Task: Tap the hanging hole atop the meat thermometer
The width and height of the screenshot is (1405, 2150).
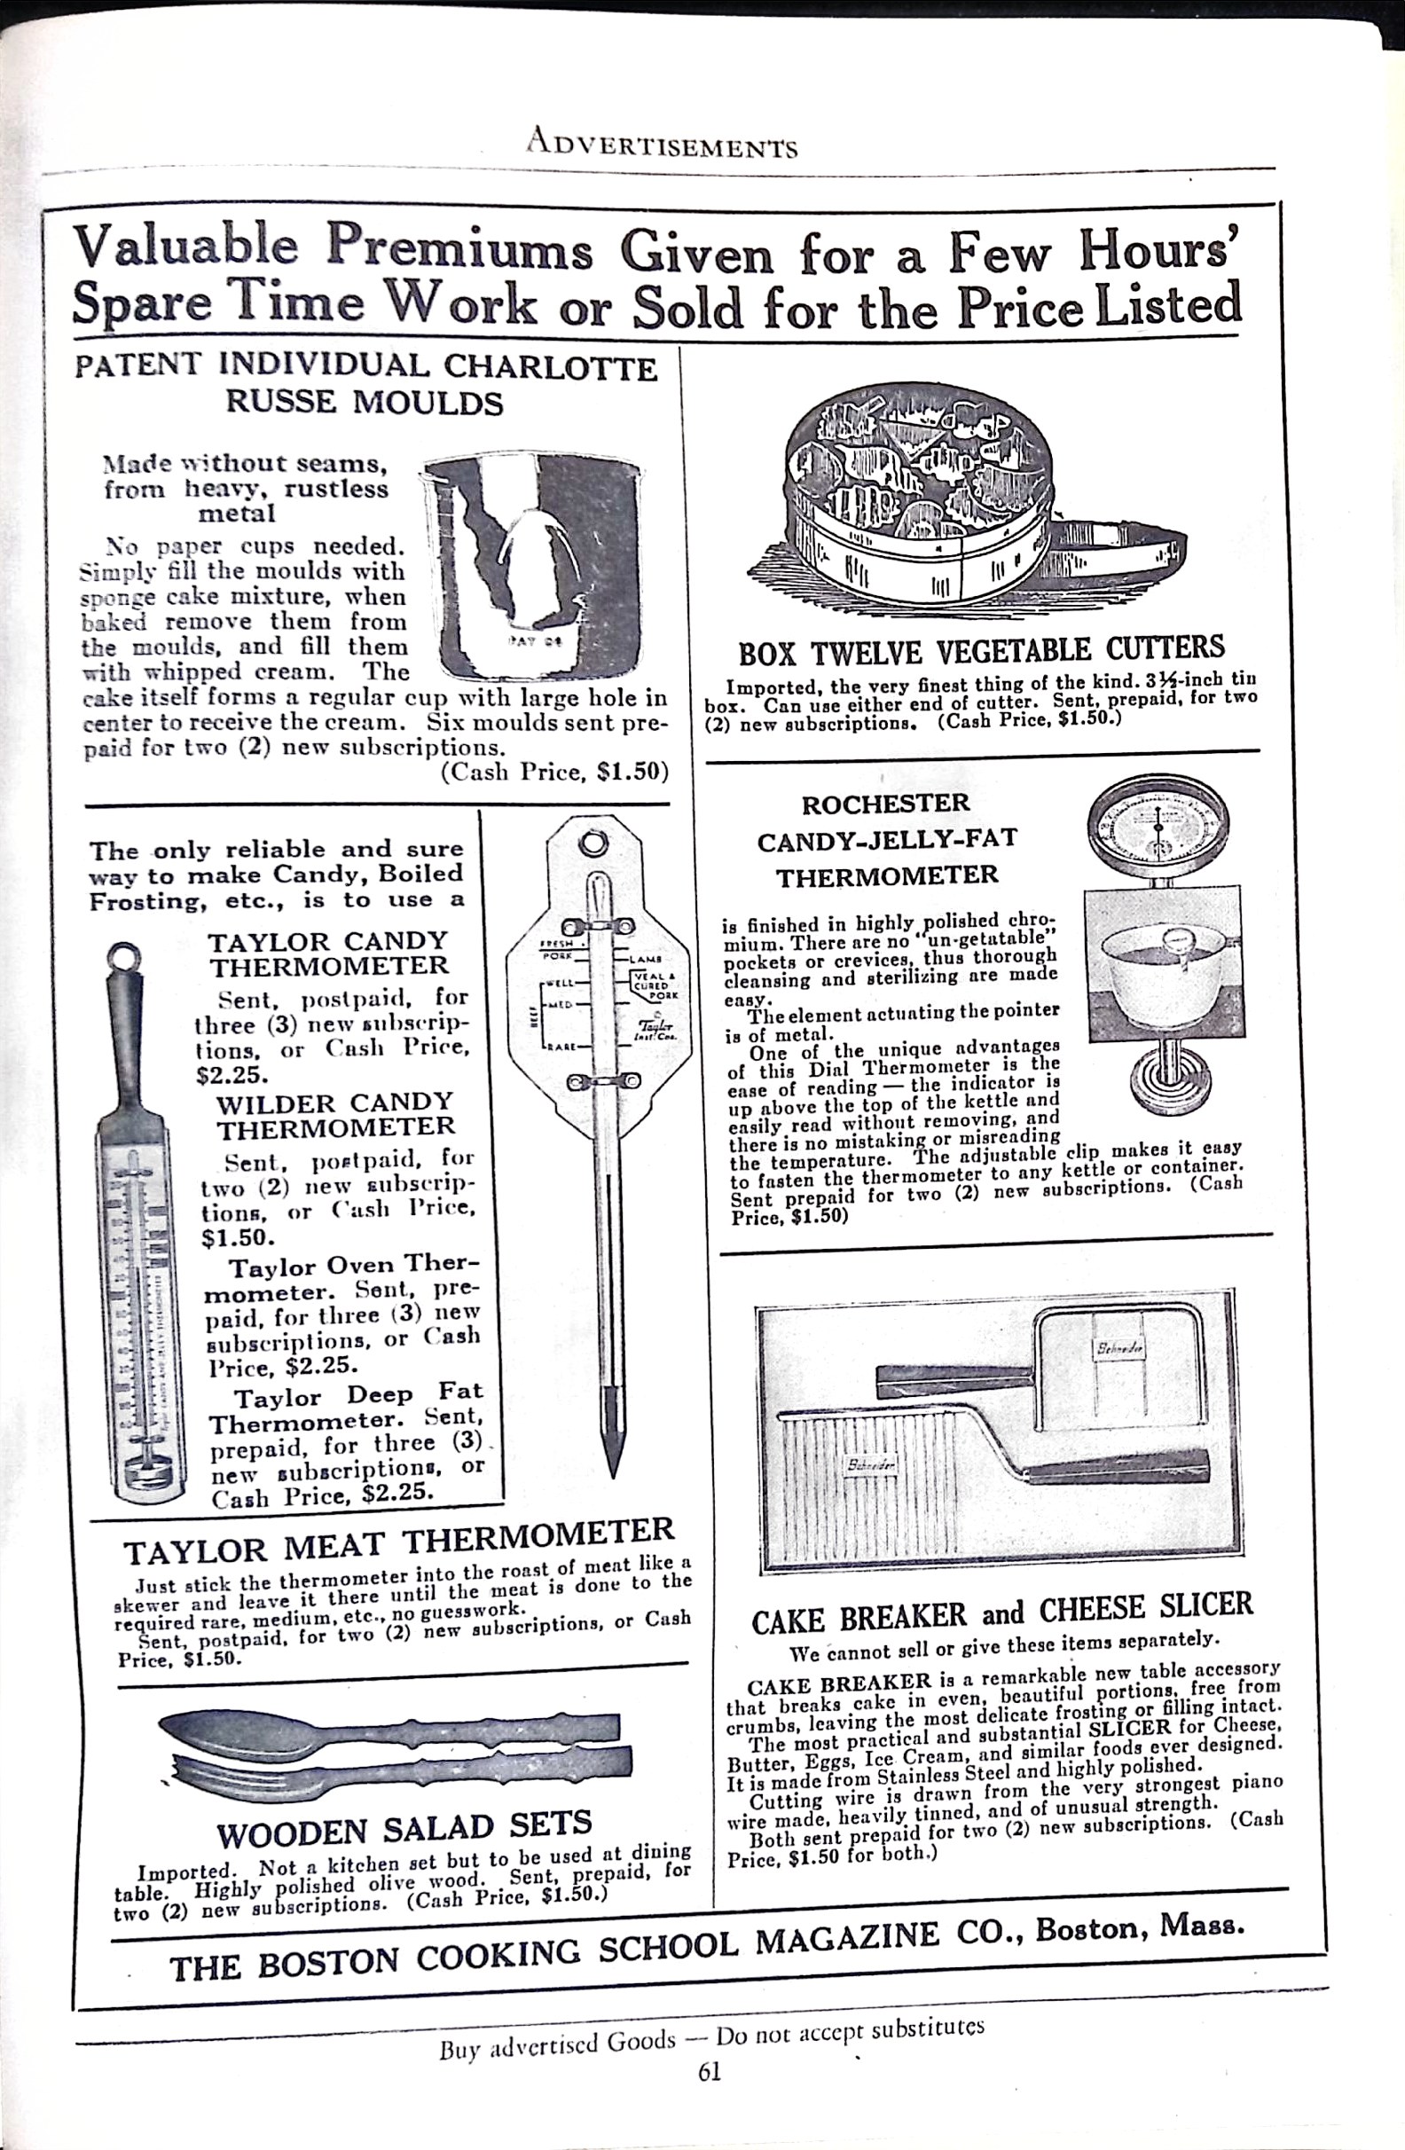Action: pos(593,844)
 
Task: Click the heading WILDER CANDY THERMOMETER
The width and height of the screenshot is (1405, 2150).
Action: pos(334,1115)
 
